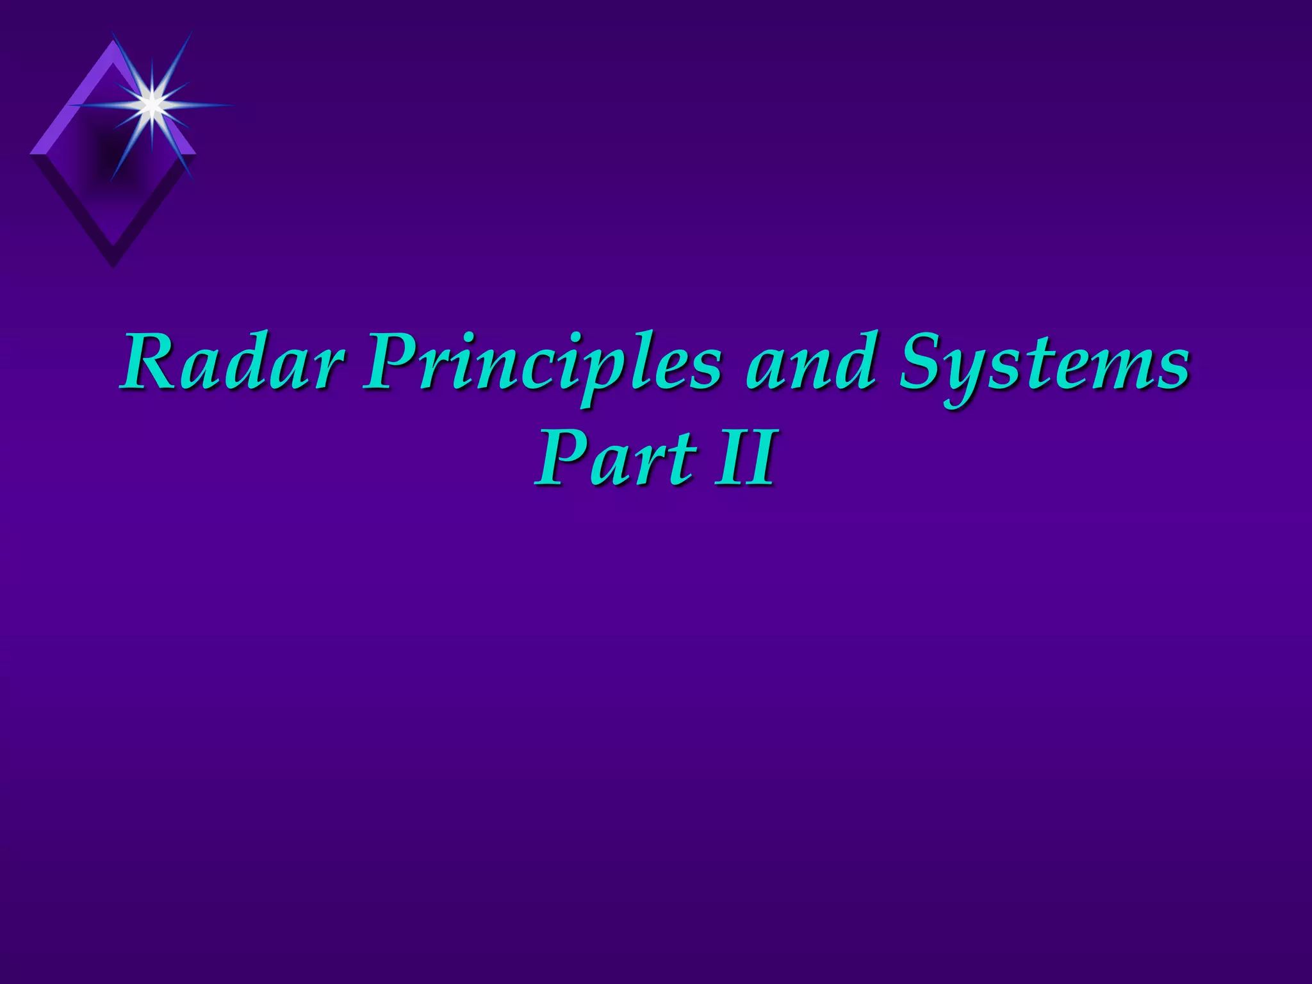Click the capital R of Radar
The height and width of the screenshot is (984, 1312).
(152, 361)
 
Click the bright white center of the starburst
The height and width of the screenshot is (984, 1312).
(151, 103)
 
